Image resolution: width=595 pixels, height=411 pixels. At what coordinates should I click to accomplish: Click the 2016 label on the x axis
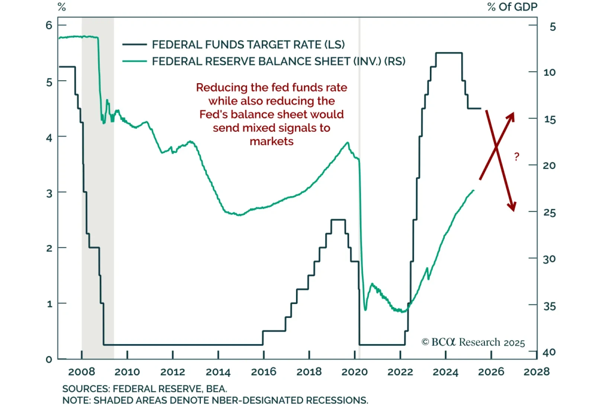click(x=264, y=372)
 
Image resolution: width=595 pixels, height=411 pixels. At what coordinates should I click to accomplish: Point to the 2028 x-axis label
click(x=537, y=372)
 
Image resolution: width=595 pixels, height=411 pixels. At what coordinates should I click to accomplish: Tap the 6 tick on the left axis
click(x=49, y=25)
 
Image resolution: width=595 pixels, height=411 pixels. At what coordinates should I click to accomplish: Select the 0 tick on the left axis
click(x=49, y=359)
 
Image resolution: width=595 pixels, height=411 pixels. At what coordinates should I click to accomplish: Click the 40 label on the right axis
click(x=549, y=352)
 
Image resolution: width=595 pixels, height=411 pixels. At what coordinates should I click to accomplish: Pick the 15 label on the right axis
click(x=549, y=120)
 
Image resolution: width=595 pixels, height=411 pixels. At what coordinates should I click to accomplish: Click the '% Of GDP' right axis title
click(x=512, y=7)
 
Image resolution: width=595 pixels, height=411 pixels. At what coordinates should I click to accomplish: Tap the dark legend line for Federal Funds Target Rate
click(x=135, y=45)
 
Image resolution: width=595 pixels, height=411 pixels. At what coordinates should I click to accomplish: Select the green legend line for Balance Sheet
click(x=135, y=61)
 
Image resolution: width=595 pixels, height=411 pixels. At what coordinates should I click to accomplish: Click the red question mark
click(x=517, y=157)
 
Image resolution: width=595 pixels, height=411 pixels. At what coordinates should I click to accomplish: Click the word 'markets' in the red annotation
click(x=271, y=141)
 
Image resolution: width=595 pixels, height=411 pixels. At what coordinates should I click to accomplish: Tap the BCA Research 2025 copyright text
click(x=473, y=342)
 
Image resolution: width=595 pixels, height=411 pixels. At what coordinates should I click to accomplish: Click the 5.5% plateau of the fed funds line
click(x=449, y=53)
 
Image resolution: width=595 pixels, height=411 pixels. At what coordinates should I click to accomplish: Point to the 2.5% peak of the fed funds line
click(x=338, y=220)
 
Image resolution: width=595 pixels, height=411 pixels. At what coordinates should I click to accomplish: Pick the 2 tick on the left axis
click(x=49, y=248)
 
